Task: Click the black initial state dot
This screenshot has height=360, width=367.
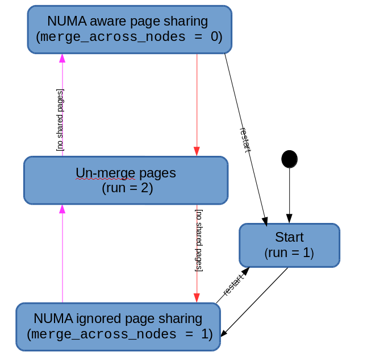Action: point(289,159)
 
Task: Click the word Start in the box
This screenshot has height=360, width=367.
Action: point(289,237)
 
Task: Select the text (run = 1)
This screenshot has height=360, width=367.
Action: point(289,253)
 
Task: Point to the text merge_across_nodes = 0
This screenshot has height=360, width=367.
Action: point(129,38)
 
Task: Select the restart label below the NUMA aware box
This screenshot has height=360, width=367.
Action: point(245,140)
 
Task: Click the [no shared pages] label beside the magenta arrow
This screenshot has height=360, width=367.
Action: point(60,119)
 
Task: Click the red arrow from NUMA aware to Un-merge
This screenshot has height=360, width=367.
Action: point(197,102)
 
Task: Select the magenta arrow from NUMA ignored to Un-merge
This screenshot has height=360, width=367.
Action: point(62,256)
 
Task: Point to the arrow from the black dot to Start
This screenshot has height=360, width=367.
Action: point(289,193)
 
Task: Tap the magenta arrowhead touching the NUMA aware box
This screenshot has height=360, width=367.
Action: point(62,58)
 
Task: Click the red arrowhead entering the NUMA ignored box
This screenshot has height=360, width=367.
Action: point(197,299)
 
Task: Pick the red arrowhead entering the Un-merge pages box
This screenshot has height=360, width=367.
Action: point(197,151)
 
